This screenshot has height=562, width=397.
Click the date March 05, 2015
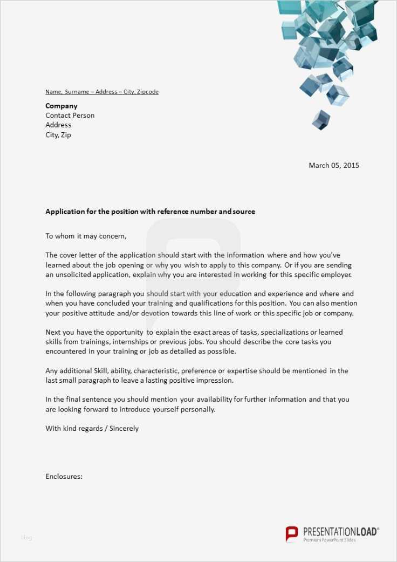(x=333, y=165)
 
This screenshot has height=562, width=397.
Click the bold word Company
(x=61, y=106)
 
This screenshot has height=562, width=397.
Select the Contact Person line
(x=70, y=116)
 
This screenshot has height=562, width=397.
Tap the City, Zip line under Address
(x=58, y=135)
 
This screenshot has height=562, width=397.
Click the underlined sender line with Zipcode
(x=102, y=92)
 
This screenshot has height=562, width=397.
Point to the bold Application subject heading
(x=150, y=212)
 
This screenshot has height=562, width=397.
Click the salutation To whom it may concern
(x=86, y=236)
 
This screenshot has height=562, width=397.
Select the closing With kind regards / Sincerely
(x=92, y=428)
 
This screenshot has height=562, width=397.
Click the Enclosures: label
(x=64, y=476)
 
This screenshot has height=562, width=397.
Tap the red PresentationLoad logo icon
(x=291, y=533)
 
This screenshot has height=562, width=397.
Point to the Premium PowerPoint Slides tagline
(x=330, y=540)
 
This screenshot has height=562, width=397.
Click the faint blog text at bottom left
(x=26, y=537)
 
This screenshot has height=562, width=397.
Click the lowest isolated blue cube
(x=321, y=119)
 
